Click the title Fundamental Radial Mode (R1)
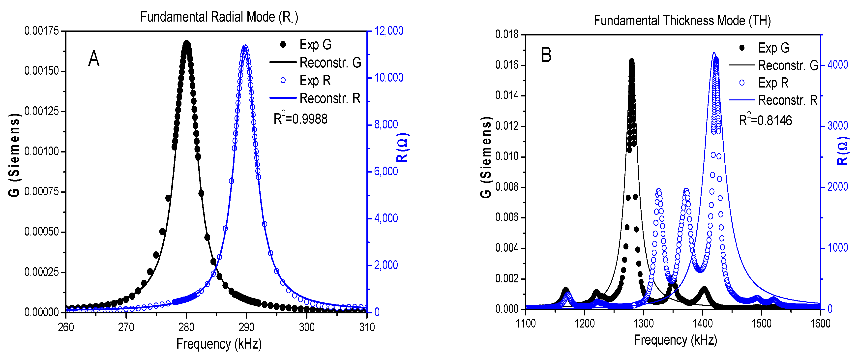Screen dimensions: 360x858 point(219,17)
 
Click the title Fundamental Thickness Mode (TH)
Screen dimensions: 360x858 point(682,21)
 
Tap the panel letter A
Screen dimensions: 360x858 point(94,59)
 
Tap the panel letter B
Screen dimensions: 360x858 point(546,55)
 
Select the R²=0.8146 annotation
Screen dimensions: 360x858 point(765,120)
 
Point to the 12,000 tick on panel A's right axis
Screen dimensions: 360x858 point(389,31)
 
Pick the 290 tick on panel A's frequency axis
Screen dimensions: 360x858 point(246,327)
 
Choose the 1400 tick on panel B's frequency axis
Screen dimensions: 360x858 point(703,323)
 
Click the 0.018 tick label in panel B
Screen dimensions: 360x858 point(507,34)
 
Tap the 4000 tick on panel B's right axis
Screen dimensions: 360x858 point(838,65)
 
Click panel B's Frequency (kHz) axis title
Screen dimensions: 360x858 point(675,340)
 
